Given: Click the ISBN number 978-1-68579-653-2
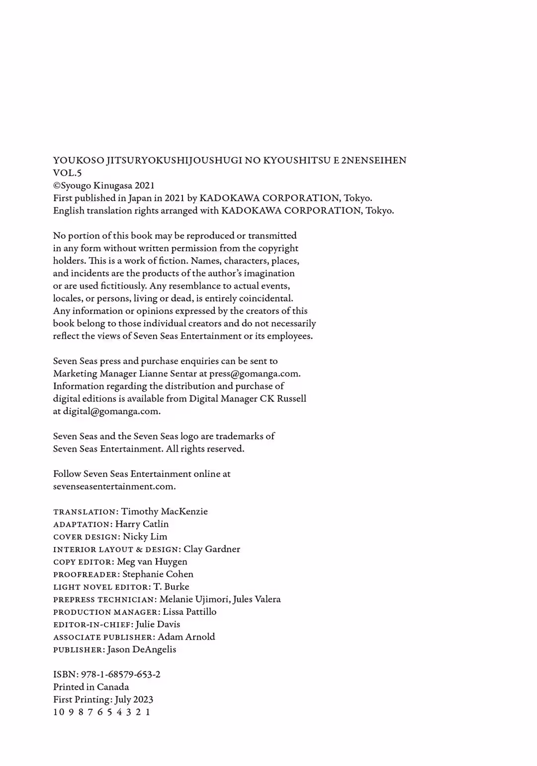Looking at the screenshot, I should click(120, 674).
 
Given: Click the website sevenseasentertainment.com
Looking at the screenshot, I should click(114, 486).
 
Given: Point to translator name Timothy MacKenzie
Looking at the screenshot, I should click(165, 511).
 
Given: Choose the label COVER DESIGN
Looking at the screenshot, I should click(86, 537).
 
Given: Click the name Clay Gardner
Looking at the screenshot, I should click(212, 549).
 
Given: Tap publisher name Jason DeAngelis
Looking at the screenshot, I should click(142, 650).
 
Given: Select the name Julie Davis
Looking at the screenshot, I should click(158, 624).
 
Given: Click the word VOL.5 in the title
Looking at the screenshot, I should click(67, 173).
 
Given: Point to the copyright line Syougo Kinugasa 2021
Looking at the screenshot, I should click(104, 186).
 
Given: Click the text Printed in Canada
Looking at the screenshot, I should click(91, 687).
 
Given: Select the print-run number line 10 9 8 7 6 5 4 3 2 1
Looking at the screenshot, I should click(102, 712).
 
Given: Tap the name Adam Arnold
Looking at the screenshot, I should click(186, 637).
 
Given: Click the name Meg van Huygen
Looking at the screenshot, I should click(152, 562).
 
